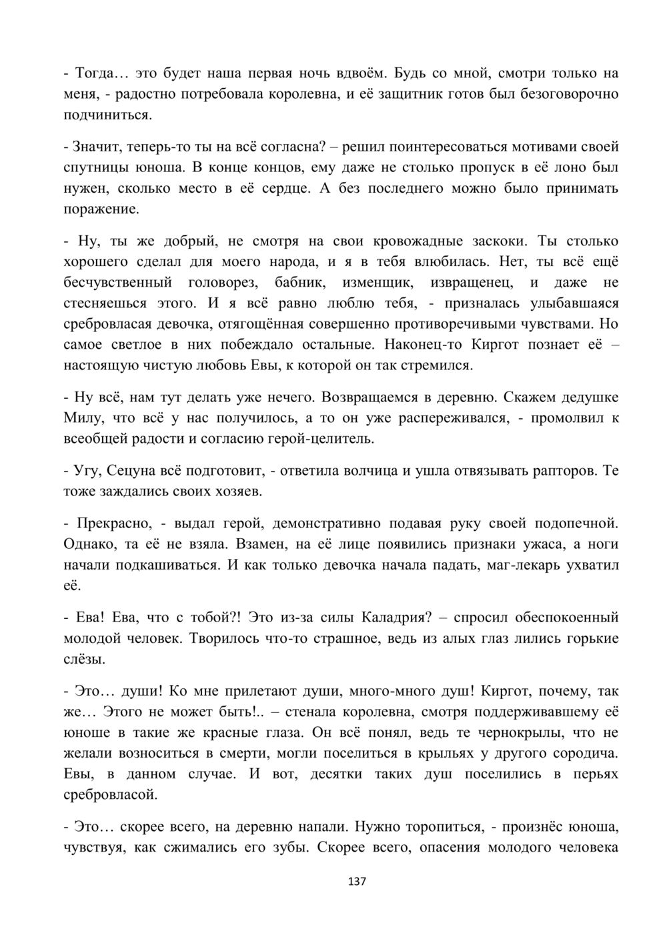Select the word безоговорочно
pos(569,93)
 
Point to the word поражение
pos(101,209)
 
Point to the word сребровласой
pos(111,794)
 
